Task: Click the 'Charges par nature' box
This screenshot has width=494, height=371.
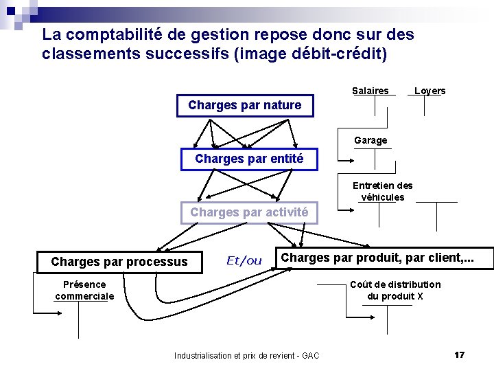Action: (x=245, y=105)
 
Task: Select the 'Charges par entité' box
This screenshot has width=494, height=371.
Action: (x=249, y=159)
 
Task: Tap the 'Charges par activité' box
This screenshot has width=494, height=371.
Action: (x=249, y=212)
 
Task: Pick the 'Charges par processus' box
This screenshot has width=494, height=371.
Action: (x=119, y=261)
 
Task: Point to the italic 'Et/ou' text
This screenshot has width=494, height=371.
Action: (x=244, y=260)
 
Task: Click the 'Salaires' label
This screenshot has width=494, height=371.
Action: (x=370, y=91)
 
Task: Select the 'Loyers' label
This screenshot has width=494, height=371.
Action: (x=430, y=91)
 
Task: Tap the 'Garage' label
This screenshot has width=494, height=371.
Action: (x=370, y=140)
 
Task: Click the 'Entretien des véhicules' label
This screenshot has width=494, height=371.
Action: (x=382, y=191)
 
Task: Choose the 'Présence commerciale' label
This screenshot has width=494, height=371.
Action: (x=84, y=290)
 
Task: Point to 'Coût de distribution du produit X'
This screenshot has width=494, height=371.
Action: (x=395, y=290)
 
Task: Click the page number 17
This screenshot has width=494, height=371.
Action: (x=459, y=355)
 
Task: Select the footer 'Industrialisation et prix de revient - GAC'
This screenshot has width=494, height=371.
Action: (x=246, y=355)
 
